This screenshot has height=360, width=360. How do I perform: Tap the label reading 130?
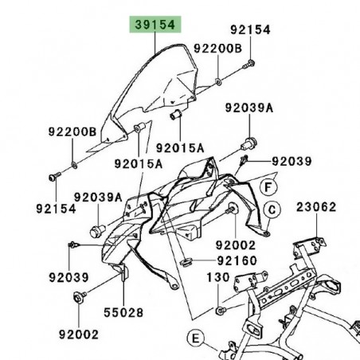217,278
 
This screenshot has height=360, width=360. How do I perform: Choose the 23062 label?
318,206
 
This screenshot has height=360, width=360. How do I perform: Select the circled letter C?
272,210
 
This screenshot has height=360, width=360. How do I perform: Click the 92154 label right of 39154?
251,29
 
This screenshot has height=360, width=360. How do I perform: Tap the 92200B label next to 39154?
219,48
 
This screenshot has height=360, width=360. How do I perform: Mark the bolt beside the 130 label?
221,308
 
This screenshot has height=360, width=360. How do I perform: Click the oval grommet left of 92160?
186,260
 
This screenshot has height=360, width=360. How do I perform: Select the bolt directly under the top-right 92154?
250,62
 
